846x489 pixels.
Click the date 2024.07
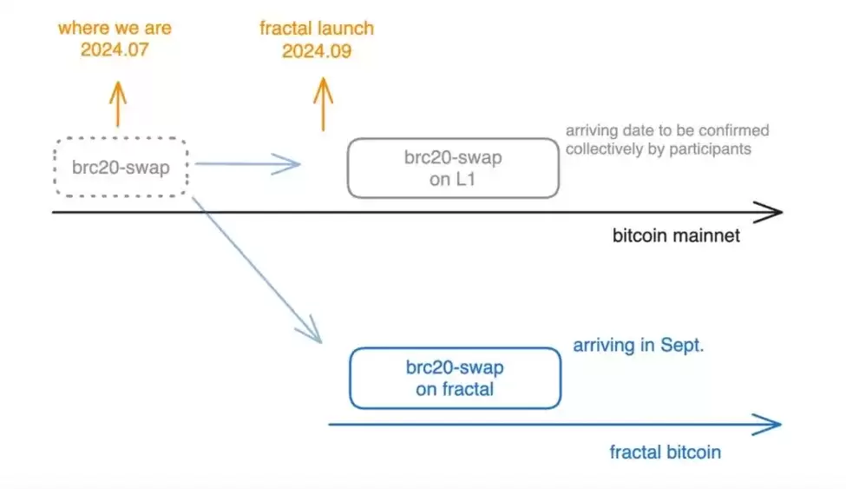[x=115, y=50]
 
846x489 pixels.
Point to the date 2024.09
[x=317, y=50]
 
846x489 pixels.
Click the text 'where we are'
[x=115, y=28]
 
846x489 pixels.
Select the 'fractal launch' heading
[x=317, y=28]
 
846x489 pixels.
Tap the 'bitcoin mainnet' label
[x=676, y=235]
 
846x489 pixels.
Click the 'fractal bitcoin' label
[x=666, y=452]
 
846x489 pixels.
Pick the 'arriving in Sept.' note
[x=639, y=345]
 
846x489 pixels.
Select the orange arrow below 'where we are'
[x=118, y=103]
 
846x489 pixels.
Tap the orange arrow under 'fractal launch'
[x=323, y=103]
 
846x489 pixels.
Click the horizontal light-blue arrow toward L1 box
[x=247, y=163]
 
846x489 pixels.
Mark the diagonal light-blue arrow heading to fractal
[x=257, y=270]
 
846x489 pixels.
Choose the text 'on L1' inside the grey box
[x=452, y=179]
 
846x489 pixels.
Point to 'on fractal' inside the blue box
[x=455, y=389]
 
